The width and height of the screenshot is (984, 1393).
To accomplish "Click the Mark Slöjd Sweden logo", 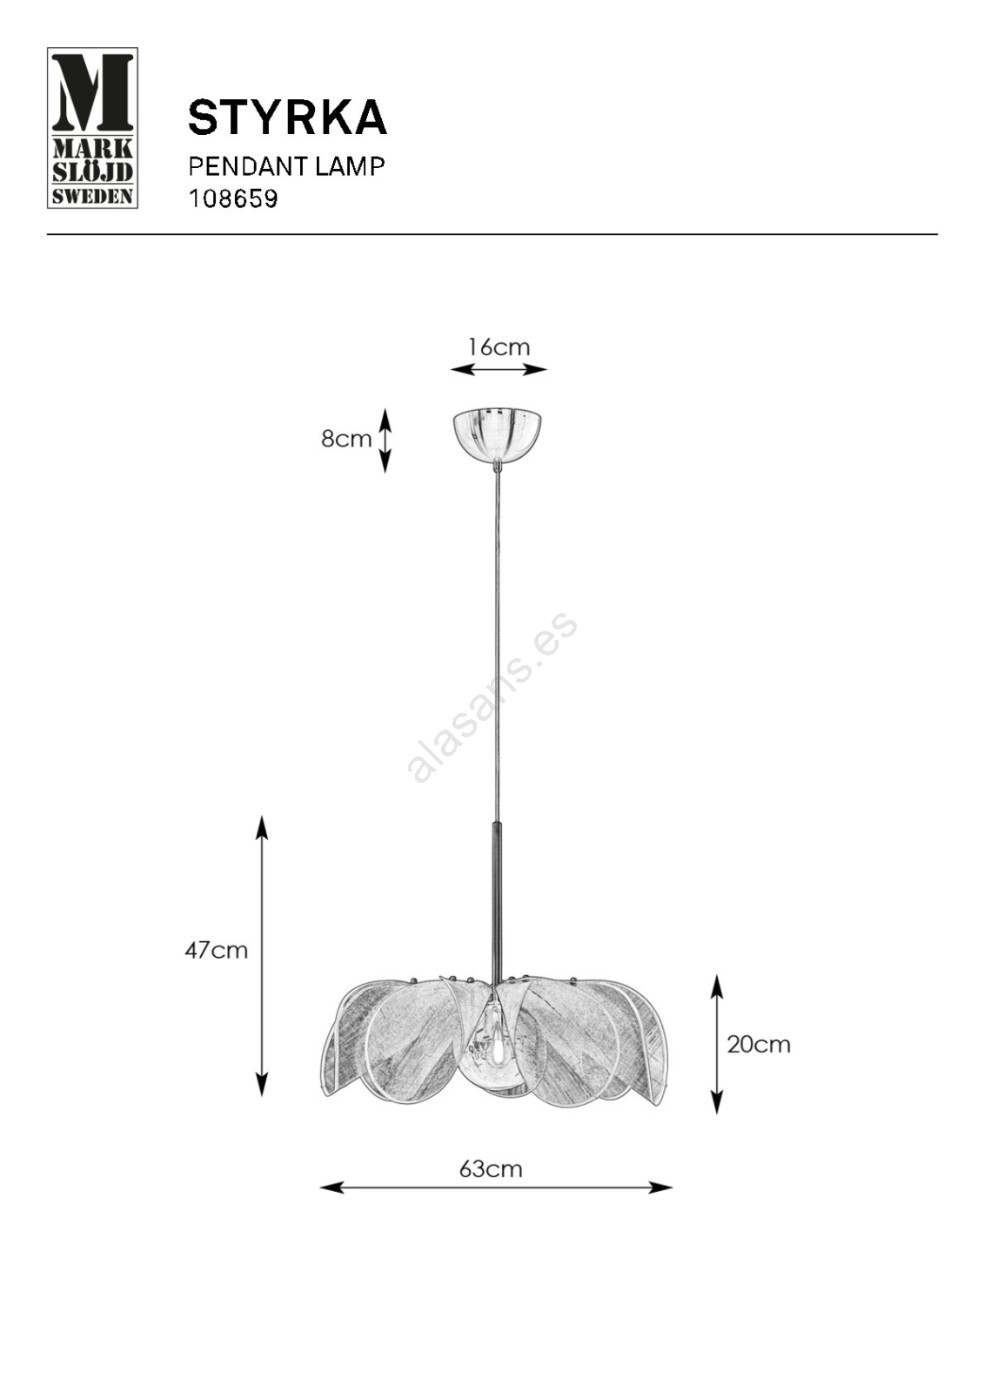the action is pyautogui.click(x=92, y=127).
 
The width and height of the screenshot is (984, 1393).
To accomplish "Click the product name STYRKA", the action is pyautogui.click(x=288, y=118).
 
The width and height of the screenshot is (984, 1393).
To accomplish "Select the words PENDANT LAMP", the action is pyautogui.click(x=286, y=166).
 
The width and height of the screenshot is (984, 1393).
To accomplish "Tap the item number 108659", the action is pyautogui.click(x=233, y=199).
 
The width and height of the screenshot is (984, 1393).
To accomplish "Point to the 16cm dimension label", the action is pyautogui.click(x=499, y=347).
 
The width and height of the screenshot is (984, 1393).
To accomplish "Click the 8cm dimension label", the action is pyautogui.click(x=346, y=439).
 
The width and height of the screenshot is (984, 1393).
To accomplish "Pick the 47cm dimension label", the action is pyautogui.click(x=217, y=951).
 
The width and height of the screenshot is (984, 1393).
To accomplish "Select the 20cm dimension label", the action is pyautogui.click(x=759, y=1045).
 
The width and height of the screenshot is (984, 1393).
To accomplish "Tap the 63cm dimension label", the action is pyautogui.click(x=491, y=1170).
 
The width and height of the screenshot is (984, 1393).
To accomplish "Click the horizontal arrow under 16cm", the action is pyautogui.click(x=499, y=370).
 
